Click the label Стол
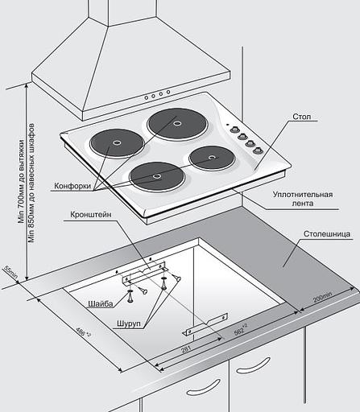pyautogui.click(x=302, y=117)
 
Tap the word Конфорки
pyautogui.click(x=72, y=186)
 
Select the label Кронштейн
pyautogui.click(x=91, y=215)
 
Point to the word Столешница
pyautogui.click(x=327, y=233)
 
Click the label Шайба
pyautogui.click(x=101, y=304)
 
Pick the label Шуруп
pyautogui.click(x=129, y=323)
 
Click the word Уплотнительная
pyautogui.click(x=303, y=194)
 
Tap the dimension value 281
pyautogui.click(x=186, y=349)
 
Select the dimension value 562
pyautogui.click(x=240, y=330)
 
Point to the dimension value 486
pyautogui.click(x=83, y=332)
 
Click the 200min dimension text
pyautogui.click(x=322, y=297)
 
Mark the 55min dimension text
pyautogui.click(x=10, y=272)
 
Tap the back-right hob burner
pyautogui.click(x=177, y=123)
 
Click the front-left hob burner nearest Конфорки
pyautogui.click(x=117, y=143)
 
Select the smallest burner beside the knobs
pyautogui.click(x=212, y=158)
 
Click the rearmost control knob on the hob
pyautogui.click(x=234, y=130)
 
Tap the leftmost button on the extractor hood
pyautogui.click(x=147, y=97)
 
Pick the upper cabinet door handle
pyautogui.click(x=254, y=365)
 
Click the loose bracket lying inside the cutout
pyautogui.click(x=205, y=324)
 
